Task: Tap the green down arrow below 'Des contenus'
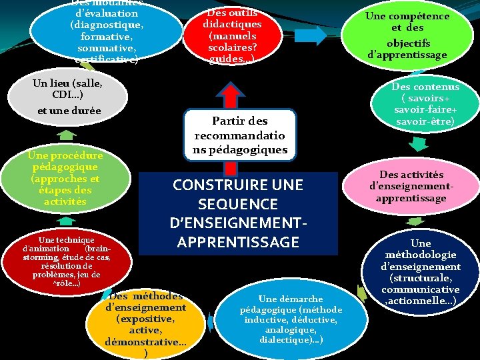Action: point(417,143)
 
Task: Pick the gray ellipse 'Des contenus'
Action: point(425,104)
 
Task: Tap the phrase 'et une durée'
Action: point(66,111)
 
